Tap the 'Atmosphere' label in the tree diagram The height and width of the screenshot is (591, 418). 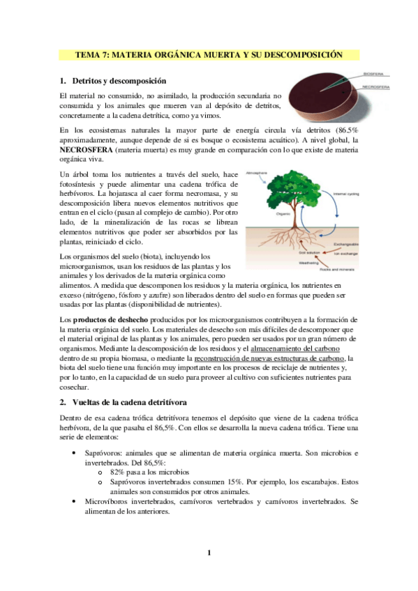tap(276, 170)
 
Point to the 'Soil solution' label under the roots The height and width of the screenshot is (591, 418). tap(311, 252)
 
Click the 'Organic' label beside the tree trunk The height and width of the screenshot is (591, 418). tap(282, 214)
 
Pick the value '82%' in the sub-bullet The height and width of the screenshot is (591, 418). tap(117, 472)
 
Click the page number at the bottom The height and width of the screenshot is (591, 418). tap(208, 553)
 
